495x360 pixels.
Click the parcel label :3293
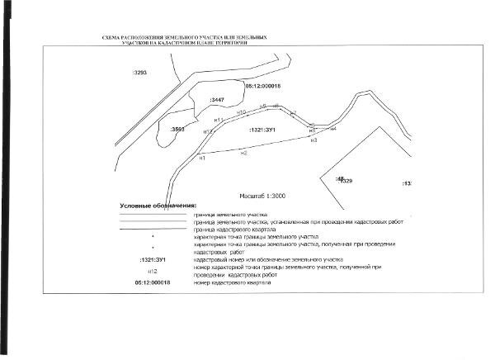pos(139,73)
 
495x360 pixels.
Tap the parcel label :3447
pos(218,100)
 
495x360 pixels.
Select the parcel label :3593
pos(177,130)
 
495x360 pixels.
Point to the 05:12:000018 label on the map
pos(263,85)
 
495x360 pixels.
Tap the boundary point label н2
pos(243,153)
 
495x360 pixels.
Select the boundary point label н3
pos(313,140)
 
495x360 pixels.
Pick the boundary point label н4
pos(333,128)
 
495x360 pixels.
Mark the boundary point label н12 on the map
pos(208,131)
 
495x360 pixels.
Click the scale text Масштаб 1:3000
pos(262,197)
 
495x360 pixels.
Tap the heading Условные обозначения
pos(158,205)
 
